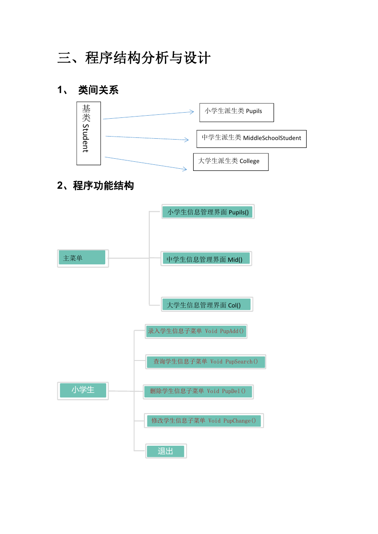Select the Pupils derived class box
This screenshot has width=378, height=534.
[x=237, y=113]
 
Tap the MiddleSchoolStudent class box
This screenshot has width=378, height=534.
[x=251, y=139]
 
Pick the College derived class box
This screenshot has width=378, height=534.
[x=231, y=162]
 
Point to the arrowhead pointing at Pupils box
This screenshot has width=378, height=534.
[x=192, y=112]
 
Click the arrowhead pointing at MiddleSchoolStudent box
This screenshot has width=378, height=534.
[x=187, y=140]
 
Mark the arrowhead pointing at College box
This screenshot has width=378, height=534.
[x=185, y=169]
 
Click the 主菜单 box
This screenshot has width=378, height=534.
[x=83, y=258]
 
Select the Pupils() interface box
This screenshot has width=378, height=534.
[x=208, y=211]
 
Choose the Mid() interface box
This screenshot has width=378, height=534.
[x=206, y=258]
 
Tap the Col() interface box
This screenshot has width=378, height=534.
[x=207, y=304]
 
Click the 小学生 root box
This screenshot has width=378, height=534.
[x=83, y=391]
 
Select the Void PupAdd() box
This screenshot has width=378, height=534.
[x=196, y=331]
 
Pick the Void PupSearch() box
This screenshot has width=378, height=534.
[x=206, y=362]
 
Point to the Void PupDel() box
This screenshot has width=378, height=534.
[x=198, y=392]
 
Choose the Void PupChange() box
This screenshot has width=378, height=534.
[x=204, y=421]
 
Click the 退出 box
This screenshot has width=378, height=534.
[x=166, y=451]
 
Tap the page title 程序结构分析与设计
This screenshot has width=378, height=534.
[x=148, y=58]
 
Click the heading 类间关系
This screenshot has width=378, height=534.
[x=98, y=90]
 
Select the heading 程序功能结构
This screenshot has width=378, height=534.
[x=103, y=186]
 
